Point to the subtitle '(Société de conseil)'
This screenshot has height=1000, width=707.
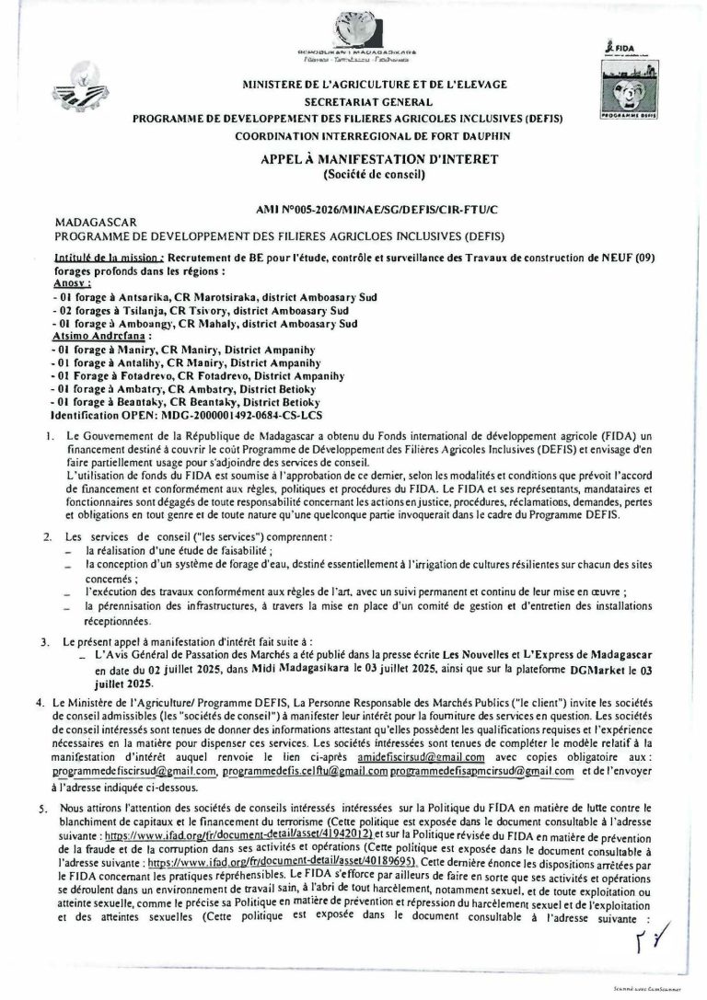pyautogui.click(x=378, y=174)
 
